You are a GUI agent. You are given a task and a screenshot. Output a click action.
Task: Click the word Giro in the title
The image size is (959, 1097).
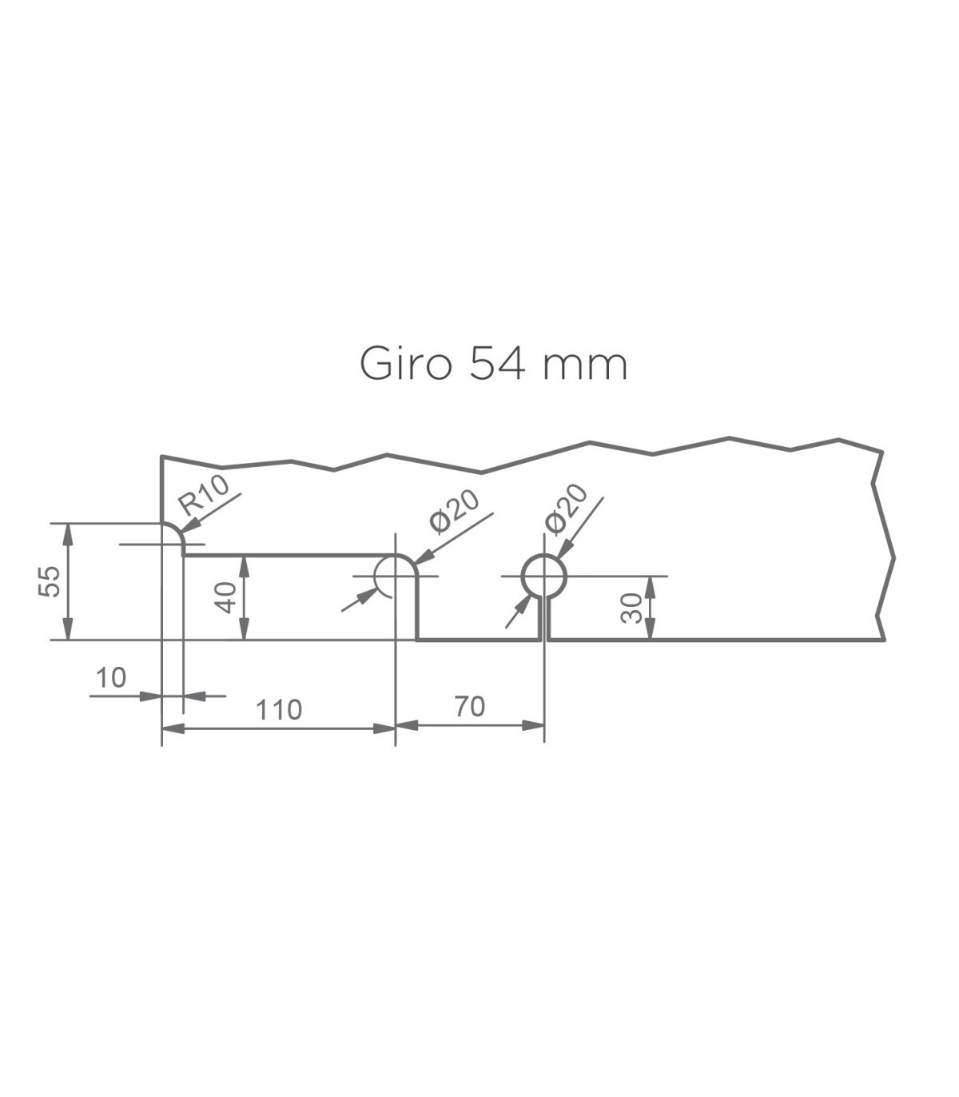point(404,364)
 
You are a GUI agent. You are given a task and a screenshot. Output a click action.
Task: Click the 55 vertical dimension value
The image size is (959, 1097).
point(49,580)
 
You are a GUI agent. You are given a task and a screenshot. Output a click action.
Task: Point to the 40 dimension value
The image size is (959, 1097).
point(225,598)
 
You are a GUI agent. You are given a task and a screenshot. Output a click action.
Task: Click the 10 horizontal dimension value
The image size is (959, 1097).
point(111,678)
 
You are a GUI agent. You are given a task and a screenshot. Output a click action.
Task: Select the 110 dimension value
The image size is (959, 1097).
point(279,710)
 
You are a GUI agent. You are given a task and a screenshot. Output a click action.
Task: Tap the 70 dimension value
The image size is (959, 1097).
point(470,706)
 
